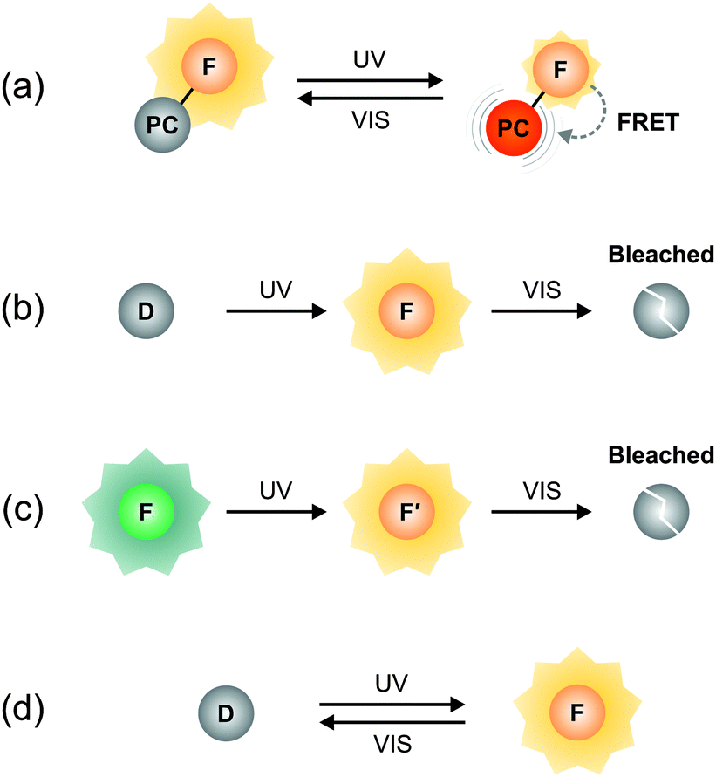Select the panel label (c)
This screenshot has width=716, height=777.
tap(33, 508)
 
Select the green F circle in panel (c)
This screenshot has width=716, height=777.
tap(146, 508)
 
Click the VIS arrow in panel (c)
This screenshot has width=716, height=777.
tap(539, 508)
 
